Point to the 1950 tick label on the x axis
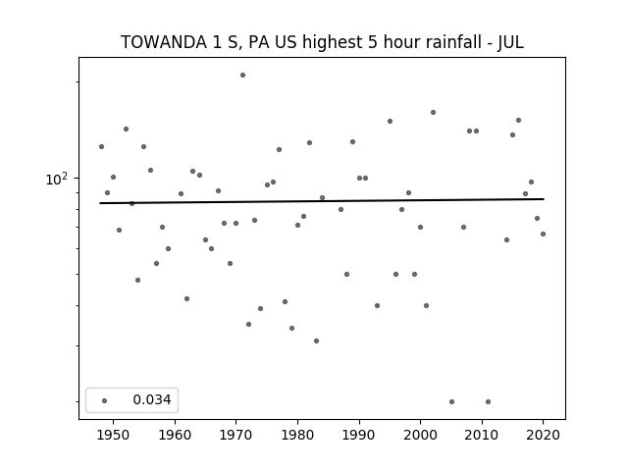[114, 435]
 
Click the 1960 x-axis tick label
[175, 435]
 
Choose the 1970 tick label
[235, 435]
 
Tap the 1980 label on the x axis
[297, 435]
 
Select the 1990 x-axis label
[359, 435]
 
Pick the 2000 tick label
[420, 435]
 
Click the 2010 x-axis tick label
[482, 435]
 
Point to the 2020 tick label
[543, 435]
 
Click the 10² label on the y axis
[57, 179]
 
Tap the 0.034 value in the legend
[152, 399]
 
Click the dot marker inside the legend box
[105, 400]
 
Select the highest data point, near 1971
[242, 75]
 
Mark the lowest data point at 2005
[451, 401]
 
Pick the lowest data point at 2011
[489, 401]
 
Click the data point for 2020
[543, 234]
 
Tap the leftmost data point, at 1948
[101, 146]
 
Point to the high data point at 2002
[433, 113]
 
